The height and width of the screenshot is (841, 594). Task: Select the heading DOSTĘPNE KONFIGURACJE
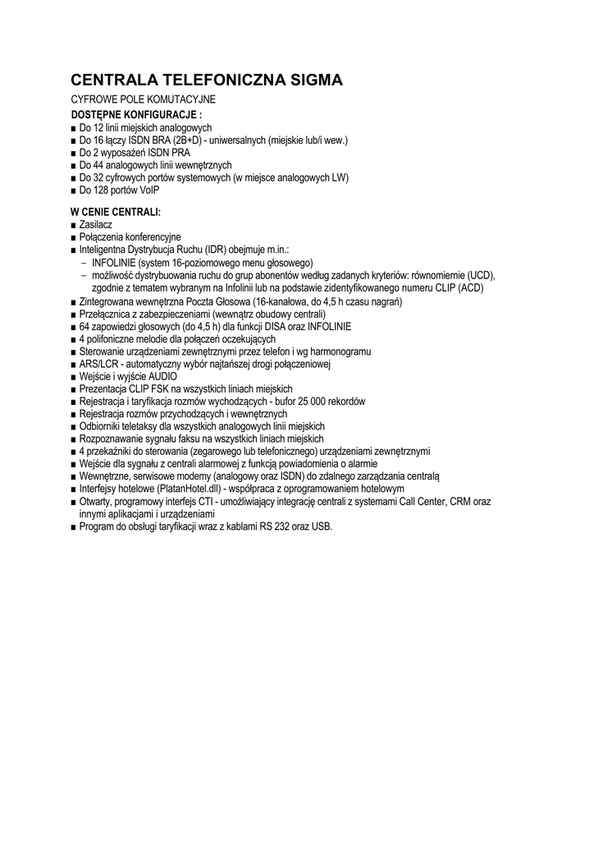[135, 113]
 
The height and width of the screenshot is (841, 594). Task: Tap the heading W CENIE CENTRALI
[116, 212]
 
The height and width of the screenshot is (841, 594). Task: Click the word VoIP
[148, 190]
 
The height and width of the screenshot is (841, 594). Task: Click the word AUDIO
[162, 376]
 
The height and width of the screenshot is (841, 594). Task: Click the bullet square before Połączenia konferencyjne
[74, 237]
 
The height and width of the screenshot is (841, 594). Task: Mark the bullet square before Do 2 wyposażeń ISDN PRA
[74, 153]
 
